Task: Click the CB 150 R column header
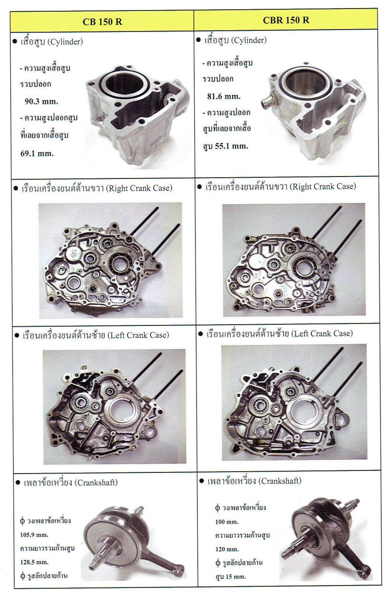pyautogui.click(x=102, y=22)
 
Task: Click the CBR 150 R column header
pyautogui.click(x=286, y=20)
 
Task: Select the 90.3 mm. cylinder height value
pyautogui.click(x=41, y=101)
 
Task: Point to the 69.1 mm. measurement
pyautogui.click(x=37, y=154)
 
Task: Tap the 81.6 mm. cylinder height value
pyautogui.click(x=224, y=96)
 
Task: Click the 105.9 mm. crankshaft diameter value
pyautogui.click(x=34, y=535)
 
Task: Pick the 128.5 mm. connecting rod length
pyautogui.click(x=34, y=562)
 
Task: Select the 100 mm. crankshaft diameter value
pyautogui.click(x=227, y=522)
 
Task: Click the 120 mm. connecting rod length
pyautogui.click(x=227, y=549)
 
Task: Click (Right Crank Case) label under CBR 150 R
pyautogui.click(x=324, y=186)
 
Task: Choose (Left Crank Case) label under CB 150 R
pyautogui.click(x=138, y=335)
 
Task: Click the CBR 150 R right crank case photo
pyautogui.click(x=294, y=259)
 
